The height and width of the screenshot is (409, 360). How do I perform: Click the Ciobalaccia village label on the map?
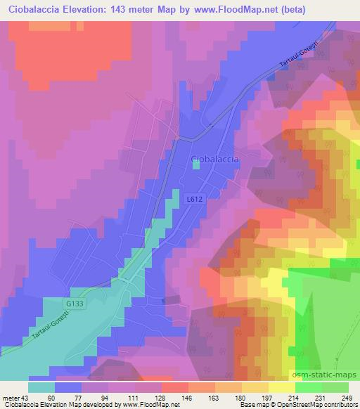[215, 160]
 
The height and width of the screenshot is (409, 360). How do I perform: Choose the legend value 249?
[348, 398]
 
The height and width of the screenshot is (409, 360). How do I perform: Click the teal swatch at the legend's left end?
[41, 387]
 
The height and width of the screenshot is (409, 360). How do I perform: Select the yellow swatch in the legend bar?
[281, 387]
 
